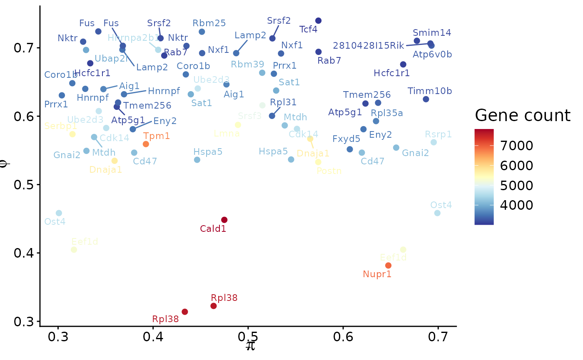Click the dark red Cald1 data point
click(224, 220)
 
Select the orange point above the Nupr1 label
click(388, 266)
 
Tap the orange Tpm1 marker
click(146, 144)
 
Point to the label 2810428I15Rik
click(369, 45)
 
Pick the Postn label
click(329, 171)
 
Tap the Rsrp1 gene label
click(438, 134)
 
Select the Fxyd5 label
click(346, 139)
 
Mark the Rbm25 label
click(209, 23)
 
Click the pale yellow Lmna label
click(227, 134)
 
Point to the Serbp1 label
click(60, 126)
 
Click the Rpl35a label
click(387, 113)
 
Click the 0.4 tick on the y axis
click(24, 253)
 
